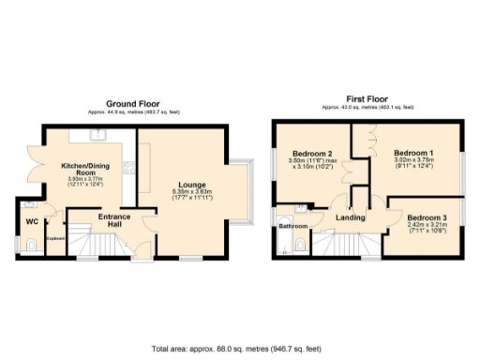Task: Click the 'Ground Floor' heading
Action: coord(132,103)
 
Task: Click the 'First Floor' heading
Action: coord(368,97)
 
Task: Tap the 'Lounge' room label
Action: coord(194,185)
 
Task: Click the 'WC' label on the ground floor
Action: coord(31,222)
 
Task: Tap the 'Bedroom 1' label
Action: coord(412,153)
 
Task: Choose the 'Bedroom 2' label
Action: coord(311,154)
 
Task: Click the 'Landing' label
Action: coord(352,217)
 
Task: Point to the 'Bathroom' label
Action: coord(292,226)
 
